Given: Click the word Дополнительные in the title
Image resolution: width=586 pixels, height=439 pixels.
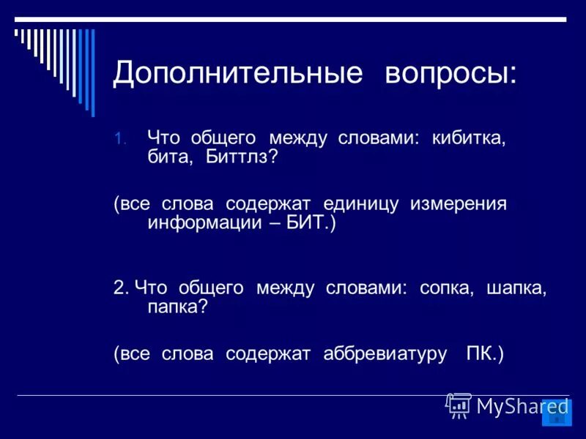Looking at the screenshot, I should [x=237, y=73].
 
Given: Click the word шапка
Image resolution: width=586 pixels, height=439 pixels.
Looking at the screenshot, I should [x=516, y=288].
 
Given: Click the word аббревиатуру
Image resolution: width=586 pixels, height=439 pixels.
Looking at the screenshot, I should [x=385, y=354].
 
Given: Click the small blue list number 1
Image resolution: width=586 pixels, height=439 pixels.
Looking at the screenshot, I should [x=120, y=138].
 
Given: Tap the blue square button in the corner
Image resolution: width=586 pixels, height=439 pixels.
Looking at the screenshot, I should [x=556, y=413].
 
